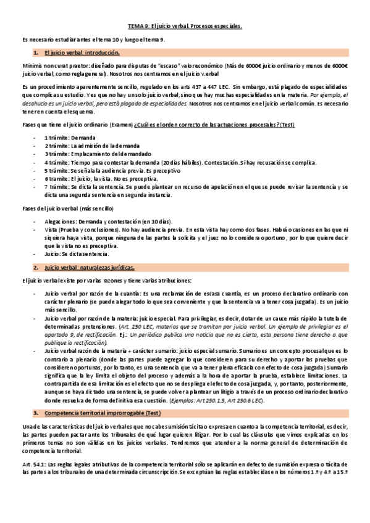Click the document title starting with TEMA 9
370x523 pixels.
point(185,27)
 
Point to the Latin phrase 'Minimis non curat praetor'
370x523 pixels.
point(53,65)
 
